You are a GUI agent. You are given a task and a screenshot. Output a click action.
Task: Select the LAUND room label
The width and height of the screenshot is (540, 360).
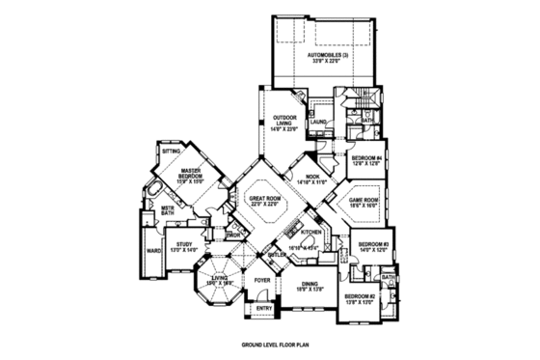(x=320, y=122)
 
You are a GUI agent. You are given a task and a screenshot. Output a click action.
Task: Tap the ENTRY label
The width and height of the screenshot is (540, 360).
(x=263, y=308)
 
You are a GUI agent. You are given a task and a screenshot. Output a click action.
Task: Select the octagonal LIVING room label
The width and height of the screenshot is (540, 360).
(x=221, y=279)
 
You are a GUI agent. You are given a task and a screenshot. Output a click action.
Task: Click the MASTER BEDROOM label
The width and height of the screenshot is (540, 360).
(x=190, y=175)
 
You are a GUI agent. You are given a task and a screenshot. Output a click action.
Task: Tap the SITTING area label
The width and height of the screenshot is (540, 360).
(x=171, y=152)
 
